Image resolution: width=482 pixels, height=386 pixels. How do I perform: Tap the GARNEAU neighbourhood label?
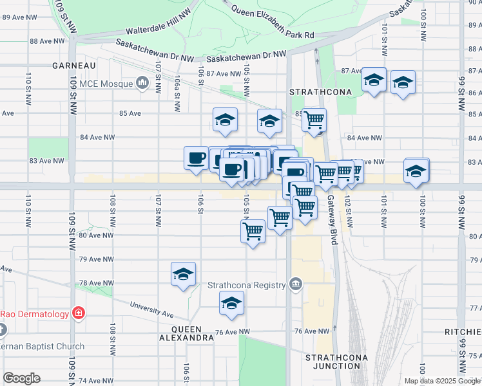[x=74, y=66]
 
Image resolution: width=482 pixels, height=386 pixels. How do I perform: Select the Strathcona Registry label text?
[x=246, y=286]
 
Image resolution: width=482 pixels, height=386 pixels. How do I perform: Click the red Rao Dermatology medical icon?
[x=79, y=314]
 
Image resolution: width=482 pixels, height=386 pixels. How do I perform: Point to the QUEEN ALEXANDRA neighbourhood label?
[x=188, y=333]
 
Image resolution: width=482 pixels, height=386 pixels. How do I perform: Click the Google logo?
[x=21, y=378]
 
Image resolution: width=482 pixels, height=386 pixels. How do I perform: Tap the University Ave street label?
[x=152, y=310]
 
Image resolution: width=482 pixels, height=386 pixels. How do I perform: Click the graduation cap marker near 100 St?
[x=416, y=170]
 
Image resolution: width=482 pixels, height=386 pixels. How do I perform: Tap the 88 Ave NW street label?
[x=47, y=41]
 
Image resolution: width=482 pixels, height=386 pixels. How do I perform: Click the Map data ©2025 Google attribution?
[x=441, y=381]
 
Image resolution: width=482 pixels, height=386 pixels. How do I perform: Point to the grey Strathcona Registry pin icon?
[x=295, y=284]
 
